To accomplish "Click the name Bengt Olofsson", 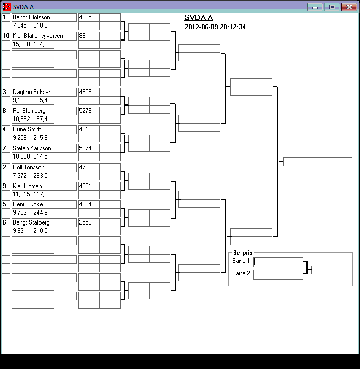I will pos(31,17).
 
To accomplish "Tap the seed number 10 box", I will pos(6,36).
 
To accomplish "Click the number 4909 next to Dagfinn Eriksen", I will pos(85,92).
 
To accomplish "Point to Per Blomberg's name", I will pos(29,111).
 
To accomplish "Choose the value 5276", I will pos(85,111).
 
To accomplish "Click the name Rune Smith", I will pos(27,129).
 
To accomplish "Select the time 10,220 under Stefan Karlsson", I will pos(21,156).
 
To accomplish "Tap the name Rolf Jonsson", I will pos(29,167).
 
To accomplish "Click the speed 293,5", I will pos(41,176).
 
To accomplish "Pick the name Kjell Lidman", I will pos(28,186).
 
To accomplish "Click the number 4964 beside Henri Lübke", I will pos(85,204).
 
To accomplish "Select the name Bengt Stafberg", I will pos(31,222).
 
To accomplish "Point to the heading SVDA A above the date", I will pos(198,17).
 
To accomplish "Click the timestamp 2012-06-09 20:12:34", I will pos(215,27).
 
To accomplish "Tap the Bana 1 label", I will pos(241,261).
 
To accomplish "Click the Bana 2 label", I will pos(241,273).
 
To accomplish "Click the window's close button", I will pos(346,7).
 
